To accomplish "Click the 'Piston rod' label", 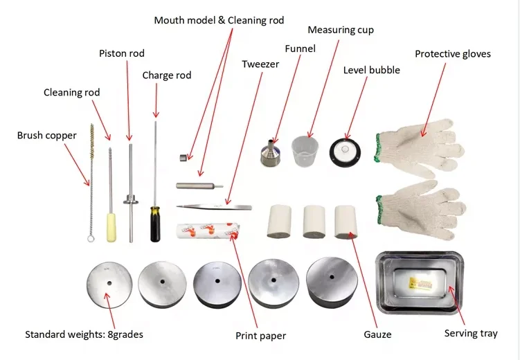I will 122,53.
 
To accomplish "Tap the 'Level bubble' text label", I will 371,70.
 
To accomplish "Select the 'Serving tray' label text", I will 470,334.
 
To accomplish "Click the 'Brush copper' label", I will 47,136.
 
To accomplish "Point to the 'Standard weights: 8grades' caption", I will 84,334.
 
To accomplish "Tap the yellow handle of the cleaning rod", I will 110,227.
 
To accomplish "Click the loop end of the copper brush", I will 91,239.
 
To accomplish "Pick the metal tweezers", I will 213,206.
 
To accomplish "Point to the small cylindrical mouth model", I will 183,158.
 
